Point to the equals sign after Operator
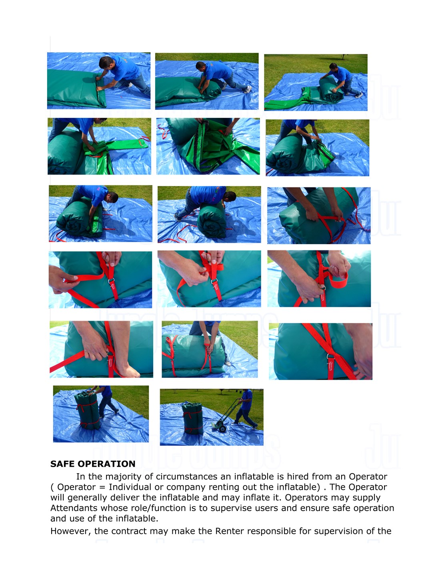102,487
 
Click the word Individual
130,487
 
